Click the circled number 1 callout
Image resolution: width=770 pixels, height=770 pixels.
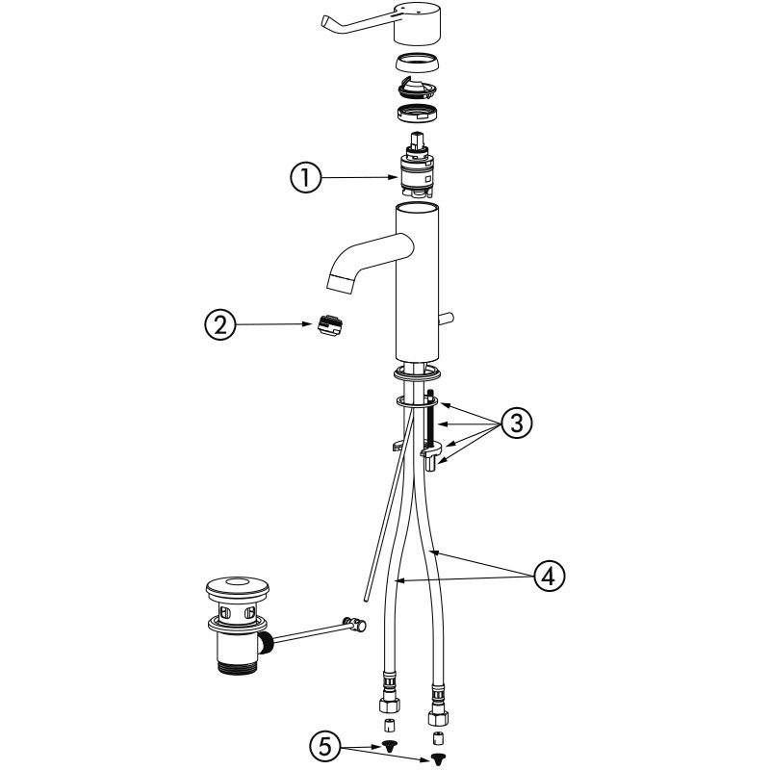(305, 177)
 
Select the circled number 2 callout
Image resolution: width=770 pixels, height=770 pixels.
(220, 325)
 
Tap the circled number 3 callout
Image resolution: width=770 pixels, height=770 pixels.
(517, 423)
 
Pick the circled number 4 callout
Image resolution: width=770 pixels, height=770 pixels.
(549, 575)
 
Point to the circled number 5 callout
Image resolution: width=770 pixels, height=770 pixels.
(325, 748)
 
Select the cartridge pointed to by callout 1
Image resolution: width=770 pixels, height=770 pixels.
(417, 165)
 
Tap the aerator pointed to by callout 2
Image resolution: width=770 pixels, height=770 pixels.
(329, 325)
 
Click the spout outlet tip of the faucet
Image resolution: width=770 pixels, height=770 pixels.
(341, 284)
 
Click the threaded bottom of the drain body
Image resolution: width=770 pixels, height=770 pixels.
(237, 667)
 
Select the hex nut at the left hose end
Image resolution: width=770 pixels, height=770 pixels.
(389, 706)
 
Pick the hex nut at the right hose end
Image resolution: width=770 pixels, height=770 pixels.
(438, 718)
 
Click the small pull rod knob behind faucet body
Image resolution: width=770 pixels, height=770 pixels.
(446, 319)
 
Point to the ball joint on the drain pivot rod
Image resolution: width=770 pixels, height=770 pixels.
(356, 624)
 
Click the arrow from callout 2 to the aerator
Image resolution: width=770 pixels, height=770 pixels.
(274, 324)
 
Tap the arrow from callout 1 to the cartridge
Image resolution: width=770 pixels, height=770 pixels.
(360, 177)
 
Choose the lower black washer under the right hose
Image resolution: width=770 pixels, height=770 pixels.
(436, 759)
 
